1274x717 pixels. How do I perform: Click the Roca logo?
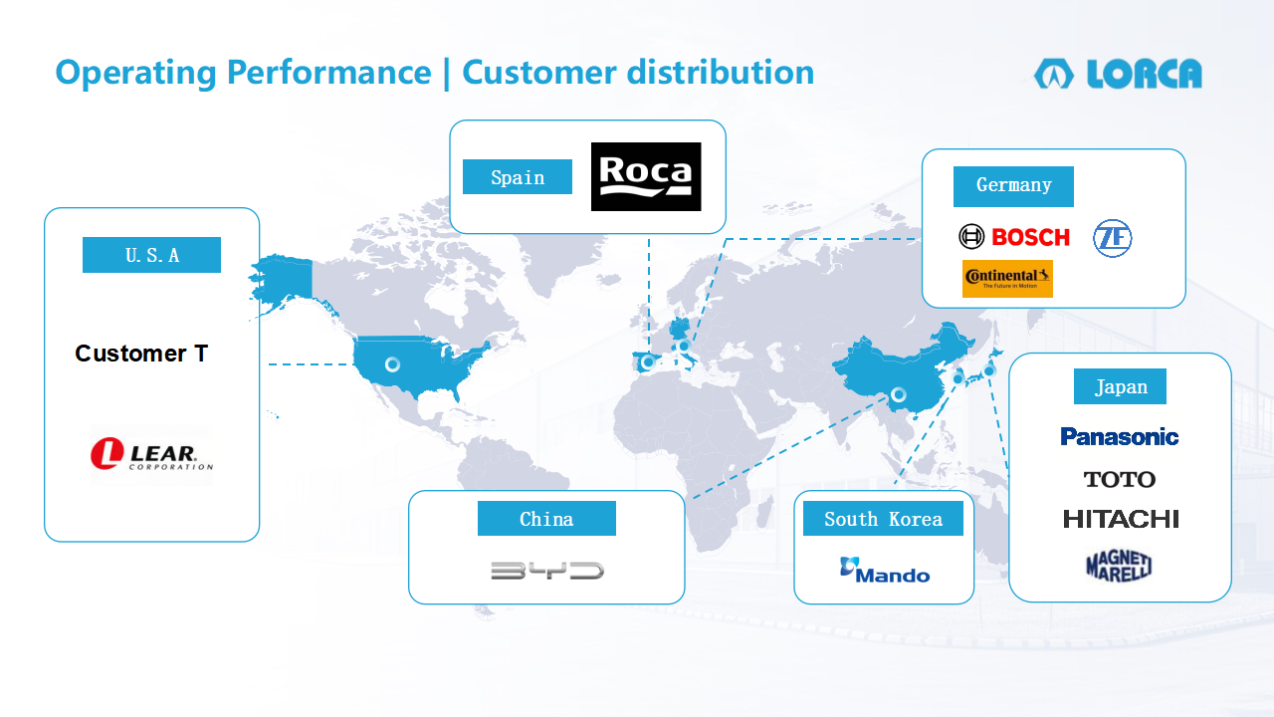646,176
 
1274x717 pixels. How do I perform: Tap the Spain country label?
518,177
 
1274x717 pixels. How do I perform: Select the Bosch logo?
1014,237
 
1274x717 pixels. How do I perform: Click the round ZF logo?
1113,238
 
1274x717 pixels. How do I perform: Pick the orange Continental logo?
1007,279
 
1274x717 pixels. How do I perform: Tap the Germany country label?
1013,186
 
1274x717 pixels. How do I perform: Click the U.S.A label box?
152,255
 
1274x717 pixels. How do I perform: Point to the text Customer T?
141,354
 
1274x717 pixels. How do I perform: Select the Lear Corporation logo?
151,455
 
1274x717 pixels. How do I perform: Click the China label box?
546,519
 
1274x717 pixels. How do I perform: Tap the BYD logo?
547,571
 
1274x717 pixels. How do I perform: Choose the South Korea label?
883,519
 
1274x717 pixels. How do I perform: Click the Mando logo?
885,571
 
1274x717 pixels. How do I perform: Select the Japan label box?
1120,386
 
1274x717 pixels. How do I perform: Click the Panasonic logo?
1120,436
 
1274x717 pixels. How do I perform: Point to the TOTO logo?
1120,479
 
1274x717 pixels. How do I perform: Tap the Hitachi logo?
1121,519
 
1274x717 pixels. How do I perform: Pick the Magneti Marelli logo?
1119,566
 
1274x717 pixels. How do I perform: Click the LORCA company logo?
1118,74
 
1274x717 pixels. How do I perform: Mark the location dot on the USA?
392,364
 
